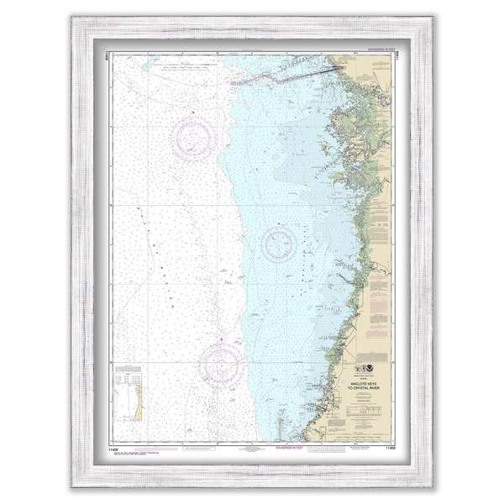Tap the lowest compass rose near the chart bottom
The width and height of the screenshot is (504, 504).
[221, 364]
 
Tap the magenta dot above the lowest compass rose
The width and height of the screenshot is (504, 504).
[221, 339]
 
